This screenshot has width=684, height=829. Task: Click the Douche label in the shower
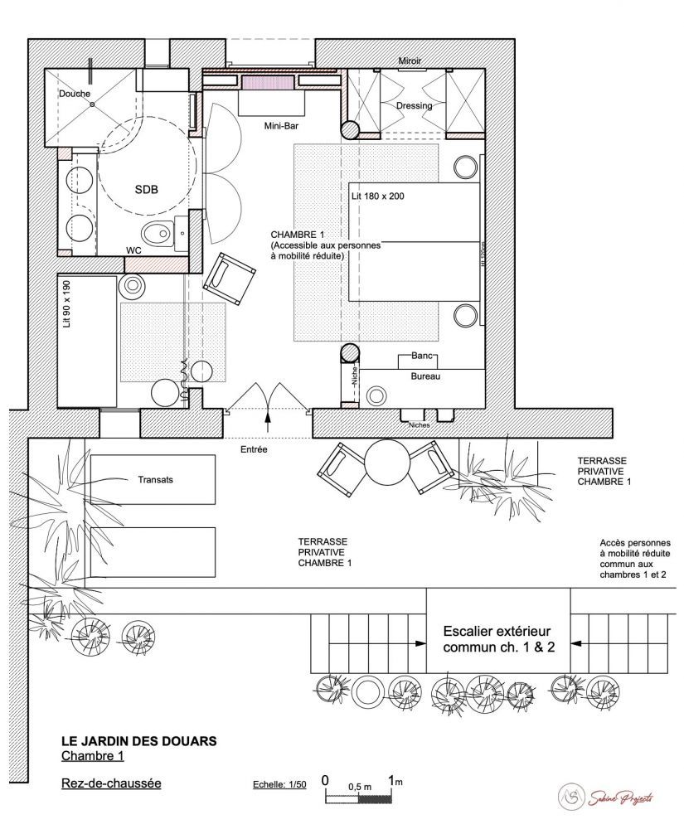(74, 95)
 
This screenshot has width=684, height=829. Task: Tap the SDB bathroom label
(146, 190)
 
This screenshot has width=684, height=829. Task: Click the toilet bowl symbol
(158, 230)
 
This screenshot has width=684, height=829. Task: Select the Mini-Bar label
(281, 127)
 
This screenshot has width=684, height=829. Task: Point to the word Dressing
(414, 106)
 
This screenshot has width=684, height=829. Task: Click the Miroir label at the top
(410, 61)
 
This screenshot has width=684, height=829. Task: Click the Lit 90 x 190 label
(68, 305)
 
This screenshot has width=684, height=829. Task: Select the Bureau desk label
(425, 376)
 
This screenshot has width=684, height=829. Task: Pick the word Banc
(423, 356)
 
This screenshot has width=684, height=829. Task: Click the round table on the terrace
(387, 462)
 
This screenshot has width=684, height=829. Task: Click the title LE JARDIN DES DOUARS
(139, 740)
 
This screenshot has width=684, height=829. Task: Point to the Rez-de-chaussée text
(110, 782)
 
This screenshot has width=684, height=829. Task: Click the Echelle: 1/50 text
(279, 783)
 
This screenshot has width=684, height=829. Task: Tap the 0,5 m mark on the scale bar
(359, 784)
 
